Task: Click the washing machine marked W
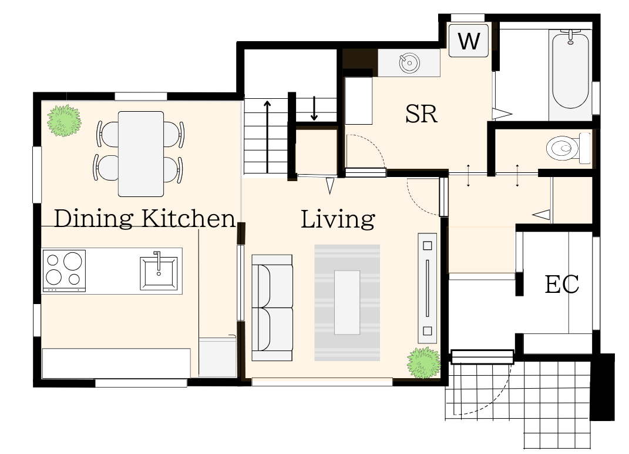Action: [x=469, y=40]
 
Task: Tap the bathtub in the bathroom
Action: [x=570, y=71]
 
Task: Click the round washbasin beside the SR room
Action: [x=409, y=63]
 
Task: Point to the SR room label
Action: [x=421, y=114]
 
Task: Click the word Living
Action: [x=338, y=219]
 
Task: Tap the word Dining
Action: [x=93, y=219]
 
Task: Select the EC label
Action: [x=561, y=285]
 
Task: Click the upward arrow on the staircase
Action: [x=267, y=136]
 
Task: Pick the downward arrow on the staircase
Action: [x=314, y=108]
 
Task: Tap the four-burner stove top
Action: [x=64, y=271]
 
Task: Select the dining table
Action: [x=141, y=154]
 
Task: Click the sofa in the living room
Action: [x=272, y=308]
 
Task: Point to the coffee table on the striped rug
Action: [x=347, y=302]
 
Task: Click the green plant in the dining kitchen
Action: [x=64, y=121]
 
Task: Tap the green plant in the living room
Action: [x=423, y=363]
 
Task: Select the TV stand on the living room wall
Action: [x=427, y=288]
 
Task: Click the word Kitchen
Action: [x=188, y=219]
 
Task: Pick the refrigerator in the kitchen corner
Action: [x=218, y=357]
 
